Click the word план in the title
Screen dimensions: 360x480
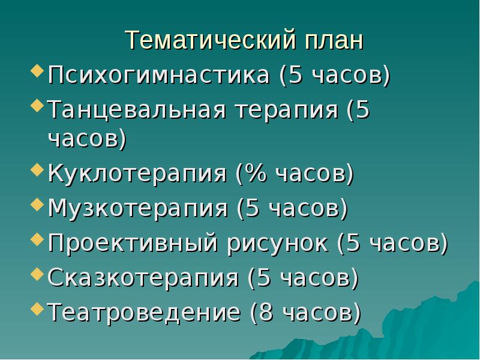click(334, 40)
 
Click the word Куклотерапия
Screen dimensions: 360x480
click(137, 175)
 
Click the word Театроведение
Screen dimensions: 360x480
click(144, 312)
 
